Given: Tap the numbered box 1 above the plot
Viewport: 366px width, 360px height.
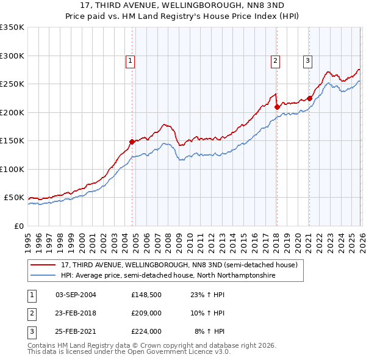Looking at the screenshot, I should pyautogui.click(x=131, y=60).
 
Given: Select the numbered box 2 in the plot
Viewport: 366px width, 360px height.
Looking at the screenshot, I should pyautogui.click(x=276, y=60).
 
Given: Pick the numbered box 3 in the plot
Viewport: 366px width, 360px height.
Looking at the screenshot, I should pyautogui.click(x=308, y=60).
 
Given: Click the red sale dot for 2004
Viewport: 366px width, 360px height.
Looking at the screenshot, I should pyautogui.click(x=132, y=142).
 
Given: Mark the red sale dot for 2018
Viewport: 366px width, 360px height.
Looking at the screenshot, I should pyautogui.click(x=277, y=107).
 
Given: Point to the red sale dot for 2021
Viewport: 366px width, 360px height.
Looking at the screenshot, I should pyautogui.click(x=309, y=98).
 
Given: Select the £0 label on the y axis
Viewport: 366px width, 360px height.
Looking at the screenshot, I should pyautogui.click(x=18, y=226).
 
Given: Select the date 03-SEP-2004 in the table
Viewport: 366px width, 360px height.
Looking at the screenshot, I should pyautogui.click(x=76, y=294).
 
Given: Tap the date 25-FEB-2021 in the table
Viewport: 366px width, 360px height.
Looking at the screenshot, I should pyautogui.click(x=76, y=332).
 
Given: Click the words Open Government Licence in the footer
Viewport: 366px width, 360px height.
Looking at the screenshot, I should pyautogui.click(x=174, y=352).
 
